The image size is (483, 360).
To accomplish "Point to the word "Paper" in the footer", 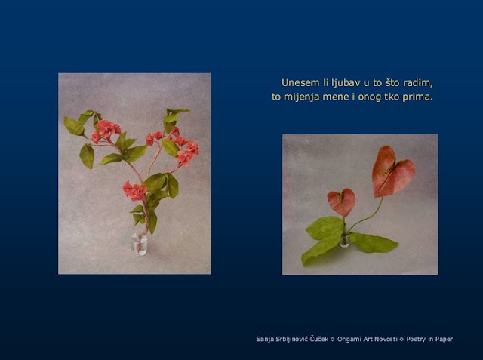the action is [443, 340].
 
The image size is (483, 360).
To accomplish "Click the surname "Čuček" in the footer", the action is [318, 339].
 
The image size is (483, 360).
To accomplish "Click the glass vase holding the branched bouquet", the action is [139, 245].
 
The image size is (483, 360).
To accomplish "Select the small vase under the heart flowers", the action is [344, 241].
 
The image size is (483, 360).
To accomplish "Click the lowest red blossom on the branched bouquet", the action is [134, 191].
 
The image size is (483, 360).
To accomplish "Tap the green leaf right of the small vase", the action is [373, 243].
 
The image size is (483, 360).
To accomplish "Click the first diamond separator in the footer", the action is [333, 340].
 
